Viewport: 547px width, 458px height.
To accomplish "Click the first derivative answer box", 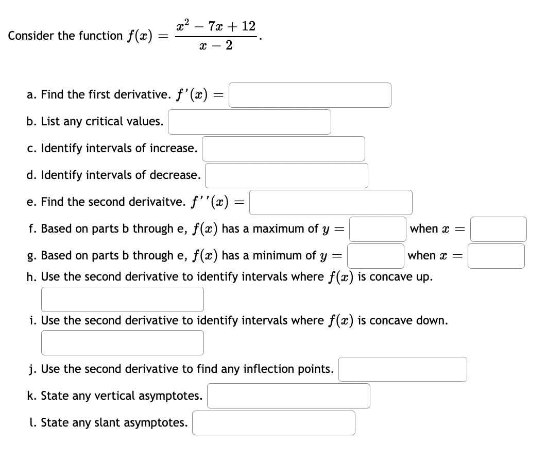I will coord(310,95).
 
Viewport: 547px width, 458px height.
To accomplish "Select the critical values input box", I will coord(249,122).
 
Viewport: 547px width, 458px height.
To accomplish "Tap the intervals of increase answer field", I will coord(283,149).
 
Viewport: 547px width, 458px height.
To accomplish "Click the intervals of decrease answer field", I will coord(286,175).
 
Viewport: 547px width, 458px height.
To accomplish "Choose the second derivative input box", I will coord(331,202).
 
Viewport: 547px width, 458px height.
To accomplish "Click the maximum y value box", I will coord(378,229).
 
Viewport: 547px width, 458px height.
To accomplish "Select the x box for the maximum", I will coord(498,229).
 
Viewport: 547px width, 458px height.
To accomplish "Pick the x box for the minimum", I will coord(497,256).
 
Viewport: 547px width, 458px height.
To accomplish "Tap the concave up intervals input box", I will coord(123,299).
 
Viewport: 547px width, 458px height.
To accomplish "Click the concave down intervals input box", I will coord(123,342).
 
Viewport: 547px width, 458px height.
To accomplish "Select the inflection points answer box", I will coord(403,369).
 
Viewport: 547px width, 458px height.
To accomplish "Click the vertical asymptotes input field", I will coord(289,396).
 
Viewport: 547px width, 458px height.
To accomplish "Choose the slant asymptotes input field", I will coord(274,423).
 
